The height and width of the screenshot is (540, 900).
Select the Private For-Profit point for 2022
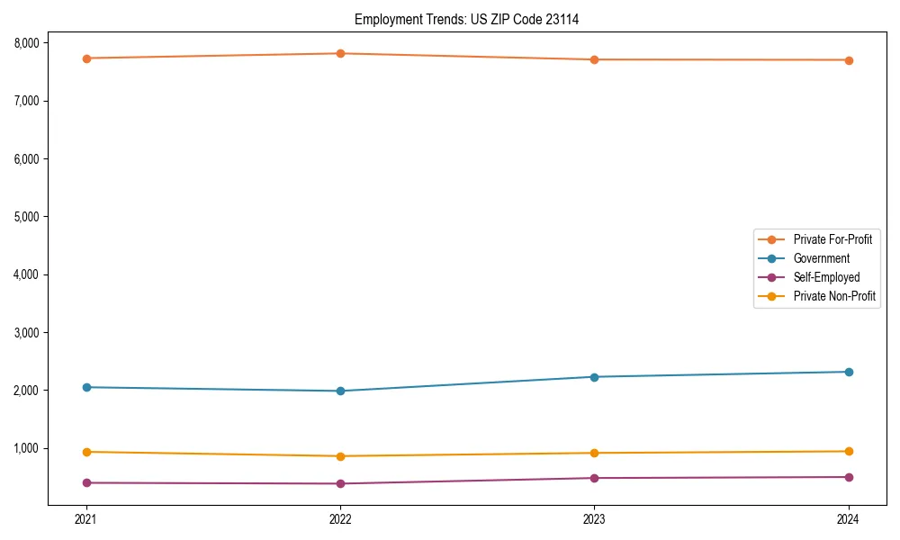click(x=340, y=53)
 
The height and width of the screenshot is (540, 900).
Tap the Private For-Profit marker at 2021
click(x=86, y=58)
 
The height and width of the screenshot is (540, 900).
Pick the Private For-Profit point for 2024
click(x=849, y=60)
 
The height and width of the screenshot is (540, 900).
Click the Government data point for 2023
click(x=594, y=377)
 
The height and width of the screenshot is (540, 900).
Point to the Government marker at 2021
click(x=86, y=387)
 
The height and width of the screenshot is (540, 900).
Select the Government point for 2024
click(x=849, y=372)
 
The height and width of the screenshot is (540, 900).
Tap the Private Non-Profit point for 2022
click(x=340, y=456)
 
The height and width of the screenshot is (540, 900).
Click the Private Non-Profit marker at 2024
click(x=849, y=451)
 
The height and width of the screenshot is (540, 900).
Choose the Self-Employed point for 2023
click(x=594, y=478)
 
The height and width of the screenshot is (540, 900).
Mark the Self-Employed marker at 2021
click(x=86, y=482)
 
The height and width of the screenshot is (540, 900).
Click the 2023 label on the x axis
click(x=594, y=518)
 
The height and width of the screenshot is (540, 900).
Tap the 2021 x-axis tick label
click(x=86, y=518)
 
